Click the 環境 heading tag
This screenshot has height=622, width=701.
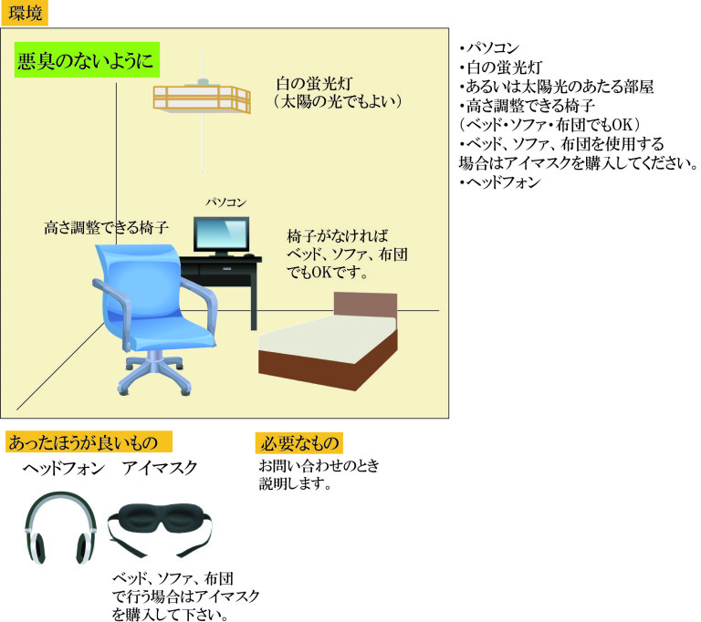(x=24, y=14)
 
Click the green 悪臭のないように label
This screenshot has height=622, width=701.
(x=87, y=62)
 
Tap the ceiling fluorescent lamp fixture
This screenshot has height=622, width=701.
(x=201, y=98)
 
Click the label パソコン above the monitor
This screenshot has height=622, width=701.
(x=225, y=202)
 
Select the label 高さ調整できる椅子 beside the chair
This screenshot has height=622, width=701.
(x=106, y=228)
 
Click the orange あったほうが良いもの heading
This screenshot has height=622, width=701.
(x=89, y=442)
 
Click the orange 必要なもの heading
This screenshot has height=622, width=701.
(x=299, y=443)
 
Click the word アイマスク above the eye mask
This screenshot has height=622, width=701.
(x=159, y=469)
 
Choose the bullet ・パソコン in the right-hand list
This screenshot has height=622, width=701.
(x=494, y=48)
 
